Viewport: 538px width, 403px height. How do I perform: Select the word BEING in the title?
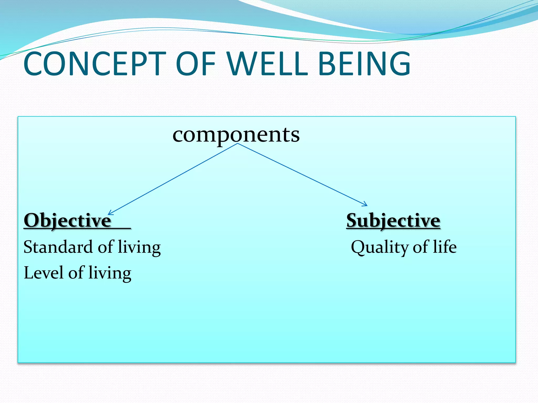364,64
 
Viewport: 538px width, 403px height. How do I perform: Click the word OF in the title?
196,64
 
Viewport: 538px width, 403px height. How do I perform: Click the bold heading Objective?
68,220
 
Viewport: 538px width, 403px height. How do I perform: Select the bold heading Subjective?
393,220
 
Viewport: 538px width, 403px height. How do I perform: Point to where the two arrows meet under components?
238,144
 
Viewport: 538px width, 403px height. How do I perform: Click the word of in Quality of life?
421,247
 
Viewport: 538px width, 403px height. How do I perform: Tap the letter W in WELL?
240,64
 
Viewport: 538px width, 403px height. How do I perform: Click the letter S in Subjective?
352,220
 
